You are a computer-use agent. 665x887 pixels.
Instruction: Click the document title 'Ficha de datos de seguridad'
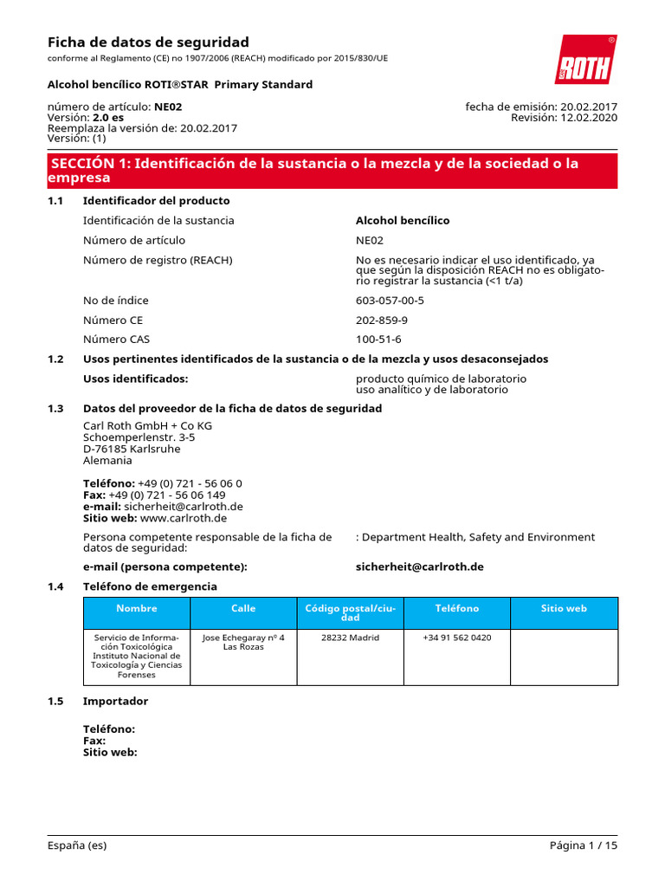(x=147, y=42)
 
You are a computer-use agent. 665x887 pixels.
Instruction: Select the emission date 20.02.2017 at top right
(x=586, y=107)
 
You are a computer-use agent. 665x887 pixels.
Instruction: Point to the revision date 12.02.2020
(x=589, y=118)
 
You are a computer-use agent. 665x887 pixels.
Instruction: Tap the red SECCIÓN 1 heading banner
(x=332, y=171)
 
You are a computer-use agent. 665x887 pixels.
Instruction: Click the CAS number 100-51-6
(x=378, y=340)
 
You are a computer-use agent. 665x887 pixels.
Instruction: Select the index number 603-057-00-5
(x=390, y=301)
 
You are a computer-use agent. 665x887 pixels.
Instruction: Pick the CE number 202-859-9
(x=382, y=320)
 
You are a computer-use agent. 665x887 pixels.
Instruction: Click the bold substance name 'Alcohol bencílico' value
(x=403, y=221)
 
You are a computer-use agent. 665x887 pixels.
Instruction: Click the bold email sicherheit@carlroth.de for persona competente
(x=419, y=567)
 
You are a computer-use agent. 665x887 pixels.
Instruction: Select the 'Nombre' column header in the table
(x=137, y=609)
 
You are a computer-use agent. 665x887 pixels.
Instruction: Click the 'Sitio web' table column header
(x=564, y=609)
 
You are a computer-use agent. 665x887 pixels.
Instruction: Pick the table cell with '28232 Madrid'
(x=350, y=638)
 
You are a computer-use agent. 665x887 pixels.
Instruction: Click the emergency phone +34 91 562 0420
(x=456, y=638)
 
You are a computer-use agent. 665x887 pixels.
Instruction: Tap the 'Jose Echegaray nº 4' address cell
(x=243, y=642)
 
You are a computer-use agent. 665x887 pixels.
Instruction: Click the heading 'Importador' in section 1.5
(x=115, y=701)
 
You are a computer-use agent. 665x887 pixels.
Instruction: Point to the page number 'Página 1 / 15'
(x=584, y=845)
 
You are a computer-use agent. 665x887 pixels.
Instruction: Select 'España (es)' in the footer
(x=77, y=845)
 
